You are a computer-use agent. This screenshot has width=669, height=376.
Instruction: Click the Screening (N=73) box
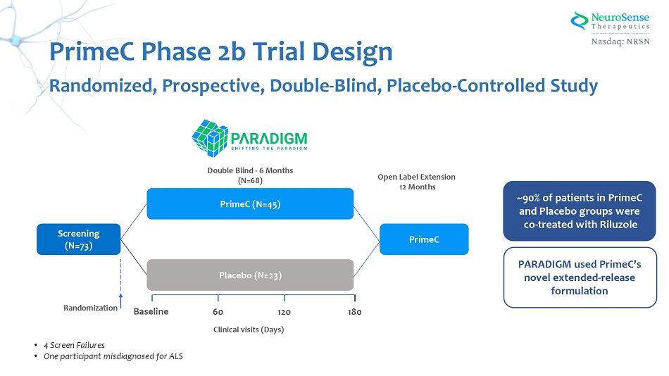point(78,239)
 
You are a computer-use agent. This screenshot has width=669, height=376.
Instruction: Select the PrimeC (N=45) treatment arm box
point(250,203)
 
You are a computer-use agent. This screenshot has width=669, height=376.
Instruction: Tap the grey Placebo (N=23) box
point(250,275)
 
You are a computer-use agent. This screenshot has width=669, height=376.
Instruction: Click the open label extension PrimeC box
point(424,239)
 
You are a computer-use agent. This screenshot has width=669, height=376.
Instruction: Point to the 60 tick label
point(218,312)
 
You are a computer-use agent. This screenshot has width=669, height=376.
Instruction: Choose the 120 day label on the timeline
point(285,312)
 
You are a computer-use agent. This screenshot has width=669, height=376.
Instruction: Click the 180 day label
point(354,312)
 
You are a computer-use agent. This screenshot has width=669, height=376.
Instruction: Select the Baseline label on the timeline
point(151,311)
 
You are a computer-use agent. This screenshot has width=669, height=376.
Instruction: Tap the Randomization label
point(90,308)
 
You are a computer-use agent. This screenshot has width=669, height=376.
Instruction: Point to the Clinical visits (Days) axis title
point(249,330)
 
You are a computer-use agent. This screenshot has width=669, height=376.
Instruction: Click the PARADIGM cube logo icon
point(209,138)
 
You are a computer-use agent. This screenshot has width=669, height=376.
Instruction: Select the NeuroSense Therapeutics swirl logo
point(580,20)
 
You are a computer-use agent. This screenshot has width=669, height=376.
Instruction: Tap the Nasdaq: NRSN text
point(620,42)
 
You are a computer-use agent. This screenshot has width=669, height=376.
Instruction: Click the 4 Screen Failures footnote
point(74,345)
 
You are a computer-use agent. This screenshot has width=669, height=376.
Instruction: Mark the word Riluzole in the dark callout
point(616,225)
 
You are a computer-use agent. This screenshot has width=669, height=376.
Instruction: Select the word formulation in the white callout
point(580,291)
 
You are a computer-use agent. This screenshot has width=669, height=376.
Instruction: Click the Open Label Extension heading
point(416,177)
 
